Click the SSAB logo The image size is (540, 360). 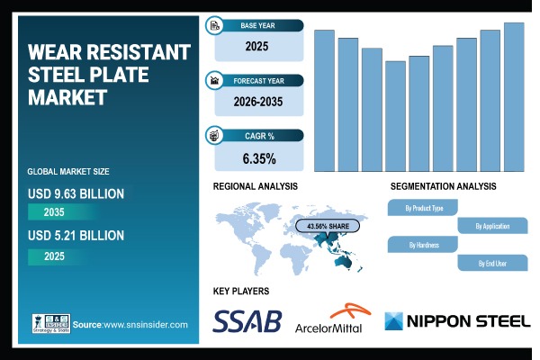pos(247,320)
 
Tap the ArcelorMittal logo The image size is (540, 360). pos(328,321)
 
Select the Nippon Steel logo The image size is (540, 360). pos(458,321)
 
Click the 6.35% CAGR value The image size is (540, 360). pos(259,159)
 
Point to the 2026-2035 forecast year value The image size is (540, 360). pos(259,103)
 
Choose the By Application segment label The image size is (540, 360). pos(490,226)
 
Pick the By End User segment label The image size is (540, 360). pos(490,263)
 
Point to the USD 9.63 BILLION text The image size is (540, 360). pos(76,193)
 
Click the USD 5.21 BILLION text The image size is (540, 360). pos(76,236)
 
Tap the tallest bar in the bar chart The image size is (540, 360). pos(514,96)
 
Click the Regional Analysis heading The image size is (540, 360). pos(255,186)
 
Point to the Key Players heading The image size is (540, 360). pos(240,291)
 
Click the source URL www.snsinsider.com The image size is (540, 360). pos(144,324)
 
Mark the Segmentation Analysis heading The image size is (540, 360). pos(443,186)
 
